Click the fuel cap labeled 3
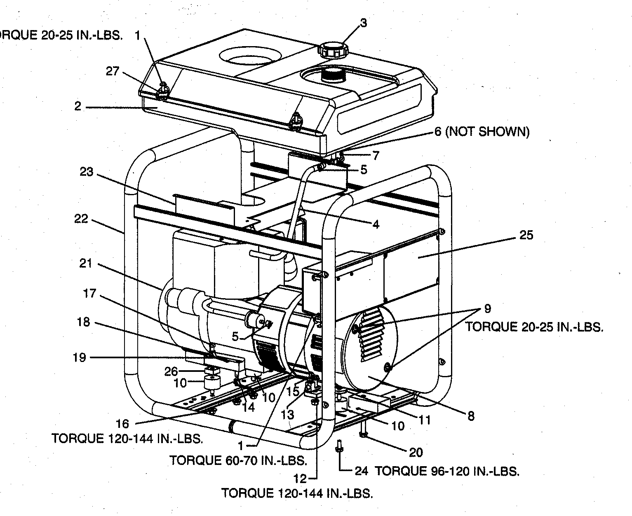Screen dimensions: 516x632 click(x=332, y=50)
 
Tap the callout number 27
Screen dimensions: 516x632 click(x=113, y=72)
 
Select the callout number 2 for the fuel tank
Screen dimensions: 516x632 click(x=78, y=106)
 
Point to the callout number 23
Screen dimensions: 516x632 click(x=87, y=172)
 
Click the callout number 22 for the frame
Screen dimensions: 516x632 click(x=81, y=219)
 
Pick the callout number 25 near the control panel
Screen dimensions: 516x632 click(x=526, y=235)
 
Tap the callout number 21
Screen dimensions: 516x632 click(x=86, y=263)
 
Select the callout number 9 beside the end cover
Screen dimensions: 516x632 click(x=487, y=308)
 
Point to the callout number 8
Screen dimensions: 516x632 click(x=470, y=416)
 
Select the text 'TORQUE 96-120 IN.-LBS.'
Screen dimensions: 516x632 click(x=447, y=471)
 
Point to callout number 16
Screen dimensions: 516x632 click(x=122, y=423)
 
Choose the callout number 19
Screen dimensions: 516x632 click(x=79, y=357)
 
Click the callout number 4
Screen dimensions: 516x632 click(x=375, y=225)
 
